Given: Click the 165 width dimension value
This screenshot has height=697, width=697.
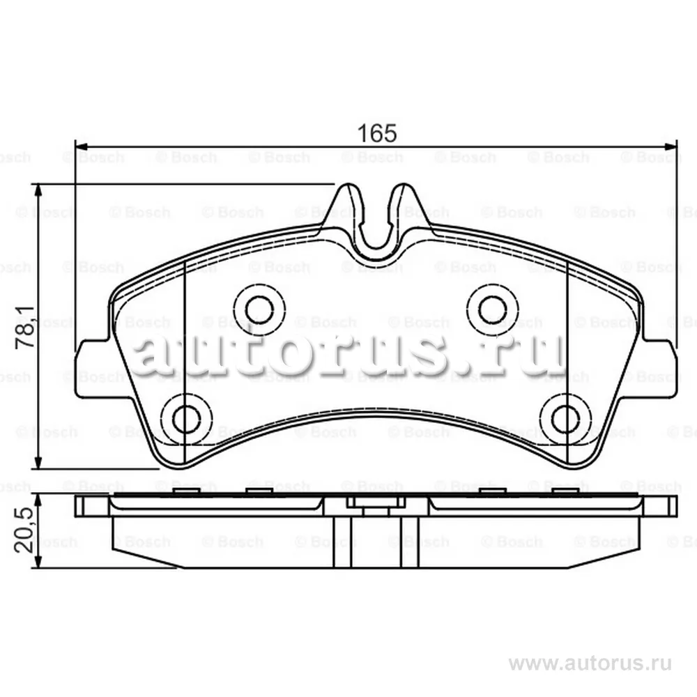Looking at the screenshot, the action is pos(377,133).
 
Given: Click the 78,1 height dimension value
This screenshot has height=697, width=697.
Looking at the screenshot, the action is pos(25,327).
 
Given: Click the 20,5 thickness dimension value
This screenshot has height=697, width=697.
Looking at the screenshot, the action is pos(24,530).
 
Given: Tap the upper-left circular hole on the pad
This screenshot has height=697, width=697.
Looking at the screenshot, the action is pos(259,309).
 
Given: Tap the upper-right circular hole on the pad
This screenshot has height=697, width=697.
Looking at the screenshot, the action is pos(493,309).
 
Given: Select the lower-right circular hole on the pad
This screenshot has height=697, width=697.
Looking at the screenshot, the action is pos(566,418).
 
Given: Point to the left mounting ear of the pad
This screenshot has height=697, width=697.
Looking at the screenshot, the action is pos(92,369).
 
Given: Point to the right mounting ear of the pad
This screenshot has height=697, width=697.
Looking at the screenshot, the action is pos(661,369).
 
